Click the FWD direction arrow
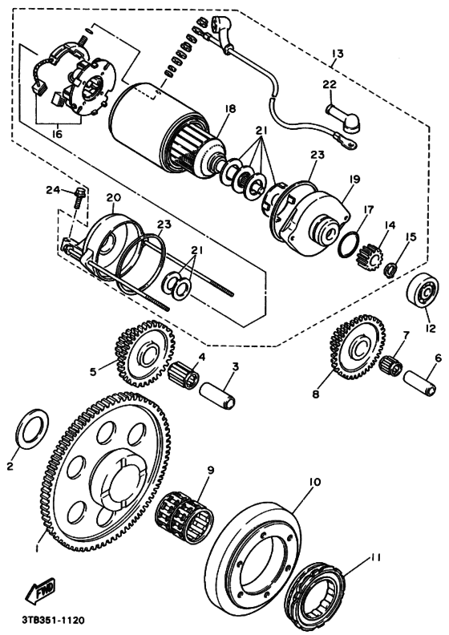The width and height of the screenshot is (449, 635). [40, 591]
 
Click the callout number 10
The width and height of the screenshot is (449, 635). [313, 482]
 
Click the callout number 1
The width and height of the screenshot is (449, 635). [37, 549]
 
